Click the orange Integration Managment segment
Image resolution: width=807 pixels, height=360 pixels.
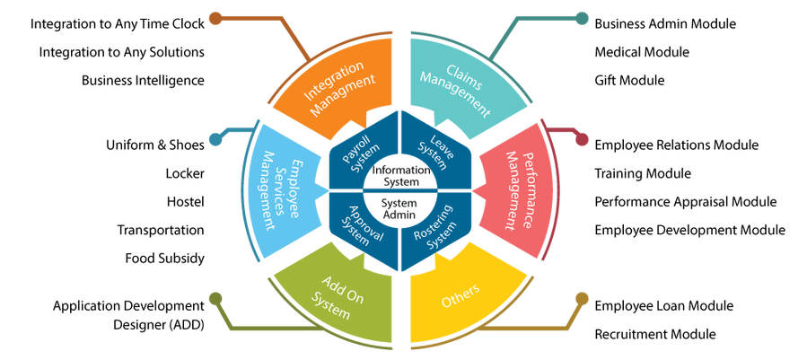pos(337,86)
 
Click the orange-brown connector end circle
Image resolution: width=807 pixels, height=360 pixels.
pos(215,17)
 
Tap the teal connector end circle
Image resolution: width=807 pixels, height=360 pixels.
pos(583,17)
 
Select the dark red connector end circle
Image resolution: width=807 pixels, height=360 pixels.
pos(583,140)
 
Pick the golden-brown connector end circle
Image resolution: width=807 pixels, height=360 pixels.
pos(583,298)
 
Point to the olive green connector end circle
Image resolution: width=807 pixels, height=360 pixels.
pos(215,298)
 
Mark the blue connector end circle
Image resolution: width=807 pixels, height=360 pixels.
pos(215,138)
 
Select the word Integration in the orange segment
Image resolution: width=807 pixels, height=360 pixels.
pos(332,79)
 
